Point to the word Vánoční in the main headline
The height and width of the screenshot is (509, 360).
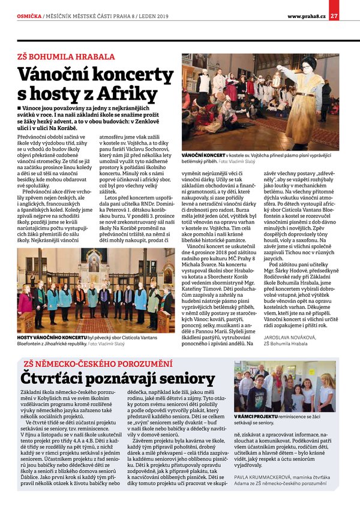57,74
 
